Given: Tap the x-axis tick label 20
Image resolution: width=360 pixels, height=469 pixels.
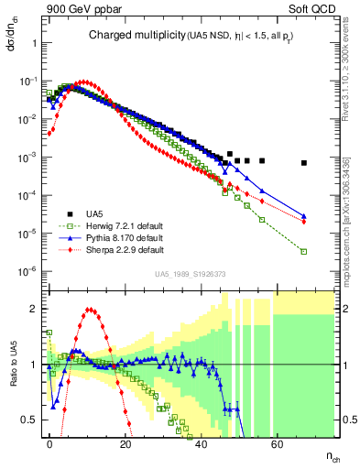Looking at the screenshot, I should pos(125,442).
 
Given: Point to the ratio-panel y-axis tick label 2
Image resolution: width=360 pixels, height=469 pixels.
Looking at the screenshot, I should pos(34,309).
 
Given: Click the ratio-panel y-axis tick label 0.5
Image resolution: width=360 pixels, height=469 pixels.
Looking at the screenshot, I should pos(30,420).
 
